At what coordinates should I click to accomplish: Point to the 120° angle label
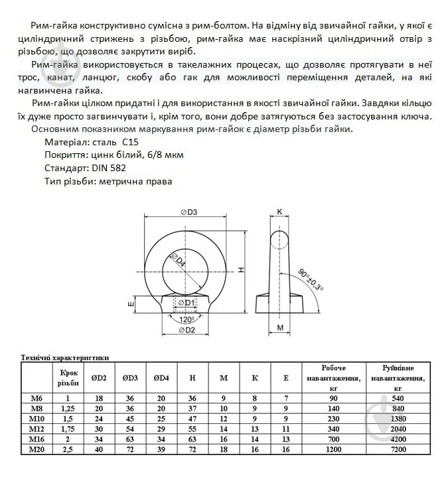[x=187, y=318]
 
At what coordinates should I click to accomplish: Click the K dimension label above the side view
[x=280, y=212]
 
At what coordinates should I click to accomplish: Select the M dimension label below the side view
[x=280, y=328]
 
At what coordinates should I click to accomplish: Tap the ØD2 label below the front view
[x=187, y=330]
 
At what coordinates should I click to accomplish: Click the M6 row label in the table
[x=37, y=397]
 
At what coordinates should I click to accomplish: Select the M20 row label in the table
[x=37, y=450]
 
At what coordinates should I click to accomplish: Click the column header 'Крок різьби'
[x=68, y=377]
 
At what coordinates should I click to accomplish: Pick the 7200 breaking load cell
[x=398, y=450]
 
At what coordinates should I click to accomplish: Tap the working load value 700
[x=334, y=439]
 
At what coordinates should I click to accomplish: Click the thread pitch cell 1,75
[x=68, y=429]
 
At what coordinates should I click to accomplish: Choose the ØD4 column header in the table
[x=161, y=377]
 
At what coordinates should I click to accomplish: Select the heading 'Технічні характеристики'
[x=65, y=358]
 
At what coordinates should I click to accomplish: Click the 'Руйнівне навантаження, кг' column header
[x=398, y=377]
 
